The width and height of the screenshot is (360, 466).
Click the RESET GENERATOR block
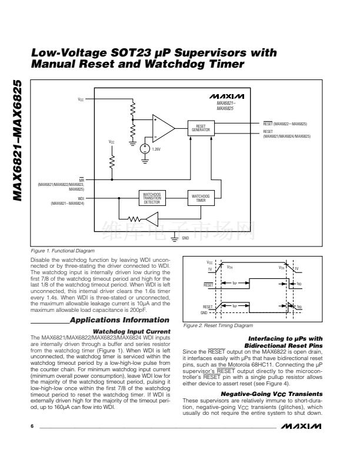click(x=201, y=128)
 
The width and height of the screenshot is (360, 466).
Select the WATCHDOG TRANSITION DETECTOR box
click(x=152, y=198)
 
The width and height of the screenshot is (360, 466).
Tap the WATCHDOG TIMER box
click(x=201, y=198)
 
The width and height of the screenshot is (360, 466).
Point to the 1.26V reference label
click(x=156, y=149)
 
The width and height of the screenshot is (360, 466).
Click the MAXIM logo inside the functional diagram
click(x=222, y=96)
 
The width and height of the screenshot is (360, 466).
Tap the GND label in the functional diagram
click(x=185, y=238)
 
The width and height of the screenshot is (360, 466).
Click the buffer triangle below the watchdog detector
click(x=152, y=220)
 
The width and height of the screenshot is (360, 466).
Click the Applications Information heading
click(x=119, y=320)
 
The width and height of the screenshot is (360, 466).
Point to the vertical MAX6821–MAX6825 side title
click(x=18, y=142)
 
